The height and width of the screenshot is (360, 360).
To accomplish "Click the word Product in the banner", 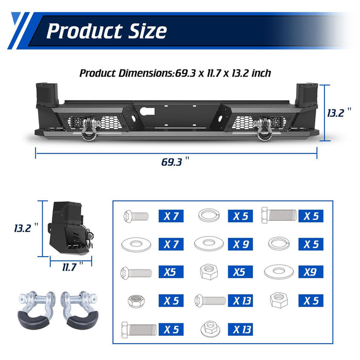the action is click(x=84, y=31).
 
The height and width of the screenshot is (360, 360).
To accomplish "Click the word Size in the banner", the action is click(x=148, y=31).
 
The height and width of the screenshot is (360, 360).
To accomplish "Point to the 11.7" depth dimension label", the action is click(x=73, y=267).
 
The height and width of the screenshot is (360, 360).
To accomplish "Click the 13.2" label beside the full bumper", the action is click(x=339, y=113).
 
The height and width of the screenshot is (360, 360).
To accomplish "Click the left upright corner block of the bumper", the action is click(x=47, y=95).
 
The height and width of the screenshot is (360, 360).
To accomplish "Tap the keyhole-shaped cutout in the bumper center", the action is click(x=147, y=111).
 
